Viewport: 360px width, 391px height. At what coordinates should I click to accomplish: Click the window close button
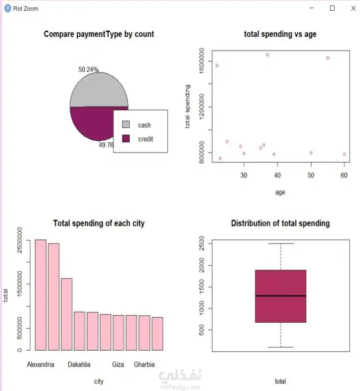[x=349, y=8]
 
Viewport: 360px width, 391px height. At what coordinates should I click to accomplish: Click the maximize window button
[x=332, y=8]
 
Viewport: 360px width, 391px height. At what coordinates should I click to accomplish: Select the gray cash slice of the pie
[x=98, y=89]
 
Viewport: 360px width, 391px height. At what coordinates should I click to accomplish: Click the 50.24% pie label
[x=88, y=69]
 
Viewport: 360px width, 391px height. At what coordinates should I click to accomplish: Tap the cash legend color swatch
[x=126, y=125]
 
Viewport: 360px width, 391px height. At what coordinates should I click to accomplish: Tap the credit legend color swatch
[x=126, y=139]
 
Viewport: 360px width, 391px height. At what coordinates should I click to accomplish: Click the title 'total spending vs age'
[x=280, y=34]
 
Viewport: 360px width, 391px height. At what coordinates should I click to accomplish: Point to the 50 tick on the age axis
[x=311, y=175]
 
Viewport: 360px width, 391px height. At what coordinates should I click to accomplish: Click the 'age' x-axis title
[x=280, y=192]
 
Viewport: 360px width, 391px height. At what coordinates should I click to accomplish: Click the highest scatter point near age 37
[x=267, y=55]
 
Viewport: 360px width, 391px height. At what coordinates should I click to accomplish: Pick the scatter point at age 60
[x=344, y=154]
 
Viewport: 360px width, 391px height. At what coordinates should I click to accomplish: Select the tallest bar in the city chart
[x=41, y=294]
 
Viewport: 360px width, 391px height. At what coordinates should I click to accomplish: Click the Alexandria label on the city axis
[x=41, y=364]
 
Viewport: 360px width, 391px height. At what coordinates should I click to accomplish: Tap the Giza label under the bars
[x=118, y=364]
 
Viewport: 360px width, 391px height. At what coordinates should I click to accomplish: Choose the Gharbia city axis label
[x=144, y=364]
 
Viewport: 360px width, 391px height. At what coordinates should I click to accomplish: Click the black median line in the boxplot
[x=280, y=296]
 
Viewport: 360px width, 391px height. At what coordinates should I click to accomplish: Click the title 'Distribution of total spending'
[x=280, y=224]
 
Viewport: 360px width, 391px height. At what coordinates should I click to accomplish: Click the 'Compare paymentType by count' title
[x=99, y=34]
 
